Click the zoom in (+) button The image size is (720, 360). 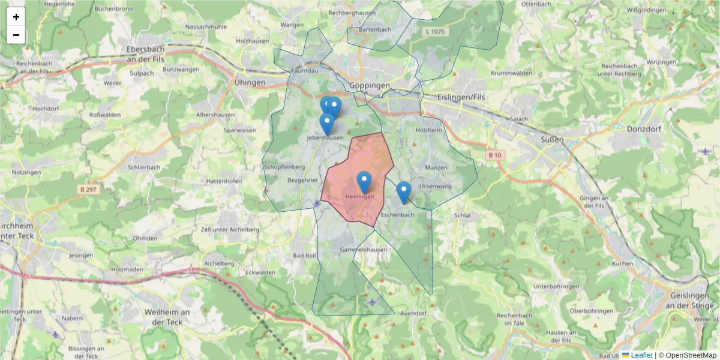[x=16, y=17]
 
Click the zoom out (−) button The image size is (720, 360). [x=16, y=35]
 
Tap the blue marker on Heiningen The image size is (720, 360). [x=364, y=182]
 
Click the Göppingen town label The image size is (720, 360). [x=370, y=86]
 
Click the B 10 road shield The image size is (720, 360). [x=494, y=155]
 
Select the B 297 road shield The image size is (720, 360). [x=88, y=190]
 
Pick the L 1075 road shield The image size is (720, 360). [x=434, y=31]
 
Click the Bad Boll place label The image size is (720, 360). [x=304, y=256]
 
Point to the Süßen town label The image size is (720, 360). [x=552, y=139]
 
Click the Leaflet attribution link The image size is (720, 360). [x=641, y=355]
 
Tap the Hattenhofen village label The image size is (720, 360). [x=223, y=181]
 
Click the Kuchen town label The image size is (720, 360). [x=623, y=264]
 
